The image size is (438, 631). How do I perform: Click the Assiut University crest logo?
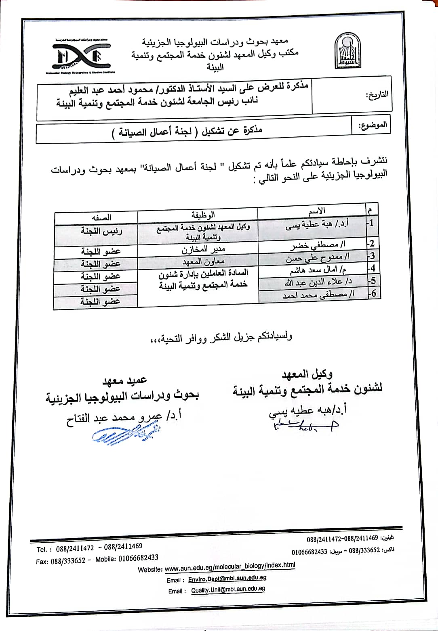(347, 51)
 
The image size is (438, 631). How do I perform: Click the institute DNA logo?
(81, 56)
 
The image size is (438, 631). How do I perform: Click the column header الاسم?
(316, 211)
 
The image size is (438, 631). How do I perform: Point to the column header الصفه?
(101, 217)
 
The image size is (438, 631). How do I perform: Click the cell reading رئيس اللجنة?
(101, 231)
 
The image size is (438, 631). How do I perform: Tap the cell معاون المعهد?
(203, 261)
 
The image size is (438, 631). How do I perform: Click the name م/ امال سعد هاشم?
(318, 269)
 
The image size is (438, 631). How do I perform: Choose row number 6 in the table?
(373, 293)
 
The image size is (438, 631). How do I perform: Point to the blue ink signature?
(125, 435)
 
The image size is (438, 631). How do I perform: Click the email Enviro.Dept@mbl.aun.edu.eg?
(227, 579)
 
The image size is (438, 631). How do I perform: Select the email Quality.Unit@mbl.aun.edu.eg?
(228, 589)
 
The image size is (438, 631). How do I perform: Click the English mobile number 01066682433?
(138, 558)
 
